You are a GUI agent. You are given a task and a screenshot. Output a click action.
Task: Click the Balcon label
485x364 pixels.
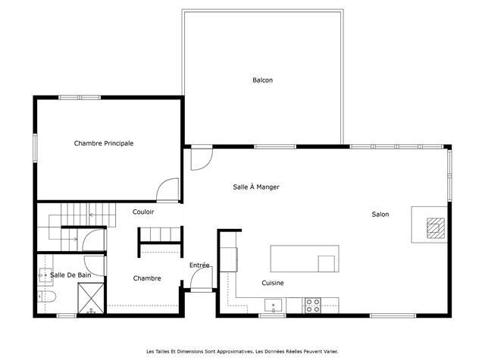point(263,80)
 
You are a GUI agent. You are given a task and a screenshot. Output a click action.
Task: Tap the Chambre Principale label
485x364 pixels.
point(104,143)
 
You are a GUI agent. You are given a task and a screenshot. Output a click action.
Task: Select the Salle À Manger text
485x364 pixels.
point(256,187)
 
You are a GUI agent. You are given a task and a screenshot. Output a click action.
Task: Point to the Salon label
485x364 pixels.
point(380,214)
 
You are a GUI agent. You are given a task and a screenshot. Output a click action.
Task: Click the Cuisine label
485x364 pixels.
point(273,283)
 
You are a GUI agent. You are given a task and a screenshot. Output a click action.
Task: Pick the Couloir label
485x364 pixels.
point(143,212)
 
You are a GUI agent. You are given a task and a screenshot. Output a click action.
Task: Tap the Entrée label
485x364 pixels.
point(199,265)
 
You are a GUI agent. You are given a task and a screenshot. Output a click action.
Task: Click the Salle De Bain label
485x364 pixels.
point(70,275)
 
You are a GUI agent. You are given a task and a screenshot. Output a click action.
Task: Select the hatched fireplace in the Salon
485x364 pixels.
point(436,228)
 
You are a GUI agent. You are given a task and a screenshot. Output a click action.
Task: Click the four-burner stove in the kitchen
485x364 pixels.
point(313,305)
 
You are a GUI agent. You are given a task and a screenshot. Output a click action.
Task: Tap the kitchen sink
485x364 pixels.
point(273,306)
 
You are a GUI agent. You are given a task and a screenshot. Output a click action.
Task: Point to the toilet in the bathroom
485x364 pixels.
point(46,297)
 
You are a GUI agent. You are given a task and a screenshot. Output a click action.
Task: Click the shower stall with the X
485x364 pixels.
point(91,298)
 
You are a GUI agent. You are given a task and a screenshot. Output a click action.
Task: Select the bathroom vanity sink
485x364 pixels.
point(45,275)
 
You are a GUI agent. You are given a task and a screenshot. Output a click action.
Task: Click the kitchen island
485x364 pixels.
point(305,259)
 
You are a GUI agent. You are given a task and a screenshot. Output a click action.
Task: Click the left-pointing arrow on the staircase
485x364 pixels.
point(92,215)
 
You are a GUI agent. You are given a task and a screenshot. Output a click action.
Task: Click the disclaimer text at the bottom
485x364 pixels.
point(242,352)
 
